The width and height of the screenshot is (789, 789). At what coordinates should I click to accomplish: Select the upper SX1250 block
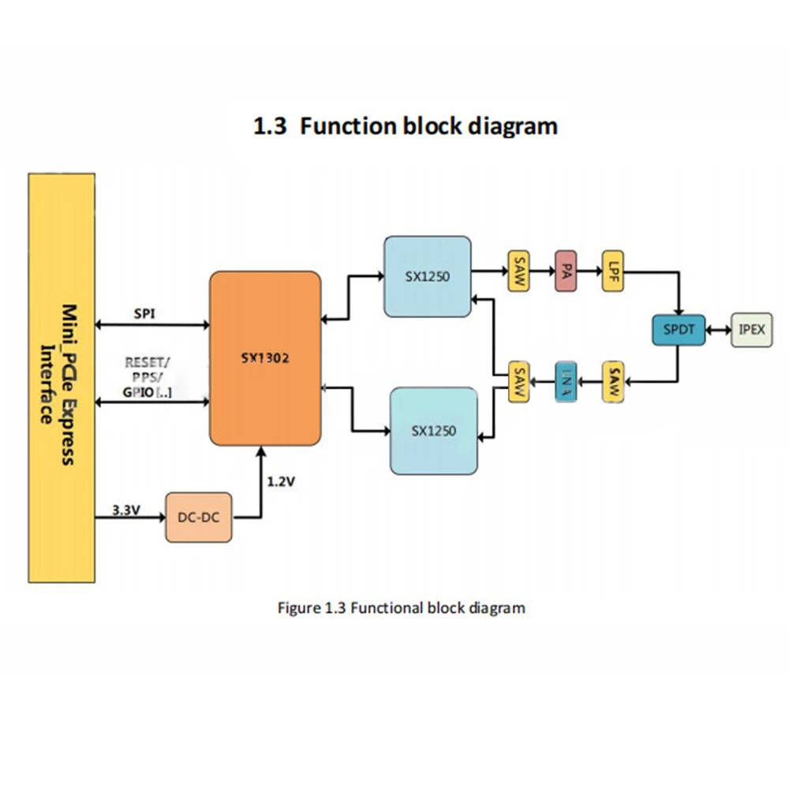[x=427, y=275]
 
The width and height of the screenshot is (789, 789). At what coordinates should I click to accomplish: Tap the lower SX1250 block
[x=434, y=431]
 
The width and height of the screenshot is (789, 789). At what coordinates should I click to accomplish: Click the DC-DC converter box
[x=199, y=518]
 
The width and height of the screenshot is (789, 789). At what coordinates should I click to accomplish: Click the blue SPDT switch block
[x=678, y=329]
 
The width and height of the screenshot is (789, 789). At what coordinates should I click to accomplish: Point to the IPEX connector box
[x=752, y=329]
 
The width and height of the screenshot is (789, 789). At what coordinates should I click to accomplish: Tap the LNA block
[x=566, y=383]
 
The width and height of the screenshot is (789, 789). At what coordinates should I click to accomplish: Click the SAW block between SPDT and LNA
[x=613, y=383]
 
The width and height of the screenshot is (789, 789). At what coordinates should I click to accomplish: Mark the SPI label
[x=144, y=313]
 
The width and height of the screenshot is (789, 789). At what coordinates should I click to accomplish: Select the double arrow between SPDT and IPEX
[x=717, y=329]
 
